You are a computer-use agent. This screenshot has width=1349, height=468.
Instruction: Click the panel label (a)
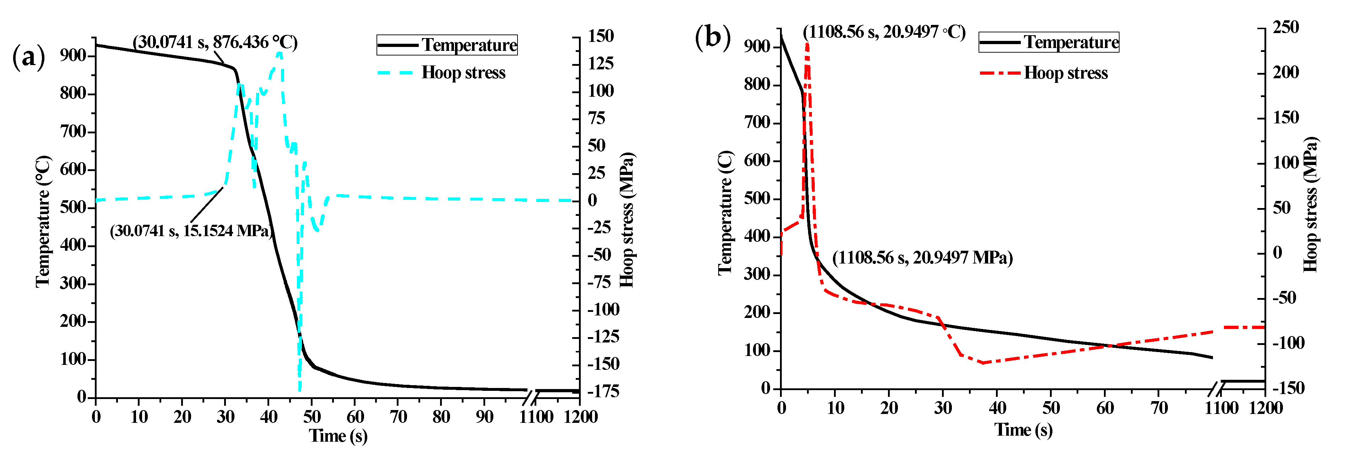coord(28,57)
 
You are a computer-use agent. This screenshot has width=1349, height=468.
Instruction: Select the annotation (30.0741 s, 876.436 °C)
coord(215,42)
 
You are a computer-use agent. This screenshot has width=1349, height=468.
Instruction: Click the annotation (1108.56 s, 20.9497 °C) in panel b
coord(884,32)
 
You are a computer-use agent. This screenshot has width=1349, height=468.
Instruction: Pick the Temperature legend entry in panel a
coord(447,45)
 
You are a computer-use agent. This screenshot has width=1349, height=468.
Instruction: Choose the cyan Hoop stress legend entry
coord(442,73)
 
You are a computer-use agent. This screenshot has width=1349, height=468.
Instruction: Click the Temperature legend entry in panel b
coord(1049,42)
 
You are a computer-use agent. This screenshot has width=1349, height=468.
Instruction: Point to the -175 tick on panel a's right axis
coord(603,392)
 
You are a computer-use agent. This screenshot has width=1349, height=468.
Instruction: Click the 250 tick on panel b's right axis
coord(1286,27)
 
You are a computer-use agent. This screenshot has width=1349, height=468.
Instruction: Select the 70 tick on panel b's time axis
coord(1159,408)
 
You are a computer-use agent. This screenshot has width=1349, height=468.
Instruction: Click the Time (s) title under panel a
coord(338,436)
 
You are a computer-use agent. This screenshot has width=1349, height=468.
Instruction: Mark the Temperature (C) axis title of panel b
coord(725,212)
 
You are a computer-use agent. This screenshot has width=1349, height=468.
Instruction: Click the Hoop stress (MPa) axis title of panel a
coord(627,220)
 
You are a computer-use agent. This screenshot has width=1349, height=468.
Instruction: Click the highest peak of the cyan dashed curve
coord(280,52)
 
